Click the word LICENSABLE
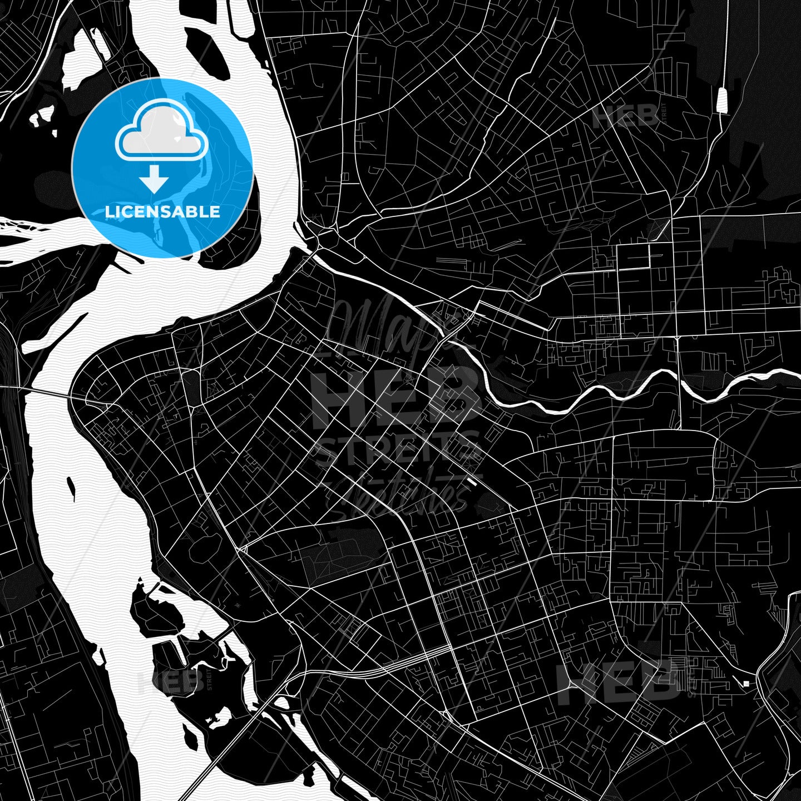pos(162,212)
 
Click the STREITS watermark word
pos(397,449)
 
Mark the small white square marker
pos(746,684)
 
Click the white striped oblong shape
pos(723,100)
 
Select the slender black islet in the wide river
pos(71,487)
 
